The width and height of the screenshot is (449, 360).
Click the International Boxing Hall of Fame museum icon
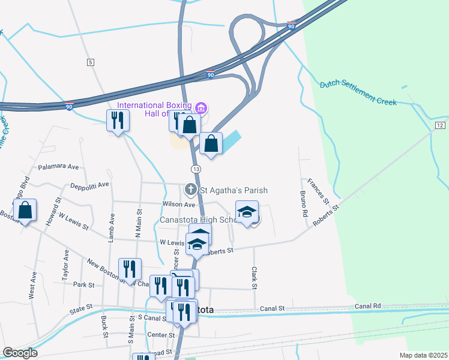pos(201,109)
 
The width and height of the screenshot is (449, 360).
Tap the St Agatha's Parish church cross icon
pos(191,190)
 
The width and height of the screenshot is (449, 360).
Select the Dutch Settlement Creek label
pos(358,92)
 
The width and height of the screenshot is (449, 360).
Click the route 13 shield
pos(196,169)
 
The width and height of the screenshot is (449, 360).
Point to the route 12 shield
pos(440,125)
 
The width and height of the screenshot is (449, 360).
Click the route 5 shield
pos(91,62)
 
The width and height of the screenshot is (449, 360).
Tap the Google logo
pos(20,353)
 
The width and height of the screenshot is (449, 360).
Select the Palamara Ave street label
pos(58,167)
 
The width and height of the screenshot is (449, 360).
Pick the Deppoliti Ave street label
pos(90,185)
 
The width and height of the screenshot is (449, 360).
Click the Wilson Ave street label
pos(179,204)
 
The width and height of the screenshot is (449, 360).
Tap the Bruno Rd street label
pos(305,204)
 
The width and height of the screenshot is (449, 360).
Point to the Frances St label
pos(318,189)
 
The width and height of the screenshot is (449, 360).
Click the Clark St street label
pos(255,278)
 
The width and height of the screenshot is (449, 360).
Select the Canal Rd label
pos(368,306)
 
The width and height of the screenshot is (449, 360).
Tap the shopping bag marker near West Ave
pos(25,211)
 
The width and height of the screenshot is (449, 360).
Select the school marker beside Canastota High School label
pos(247,212)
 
